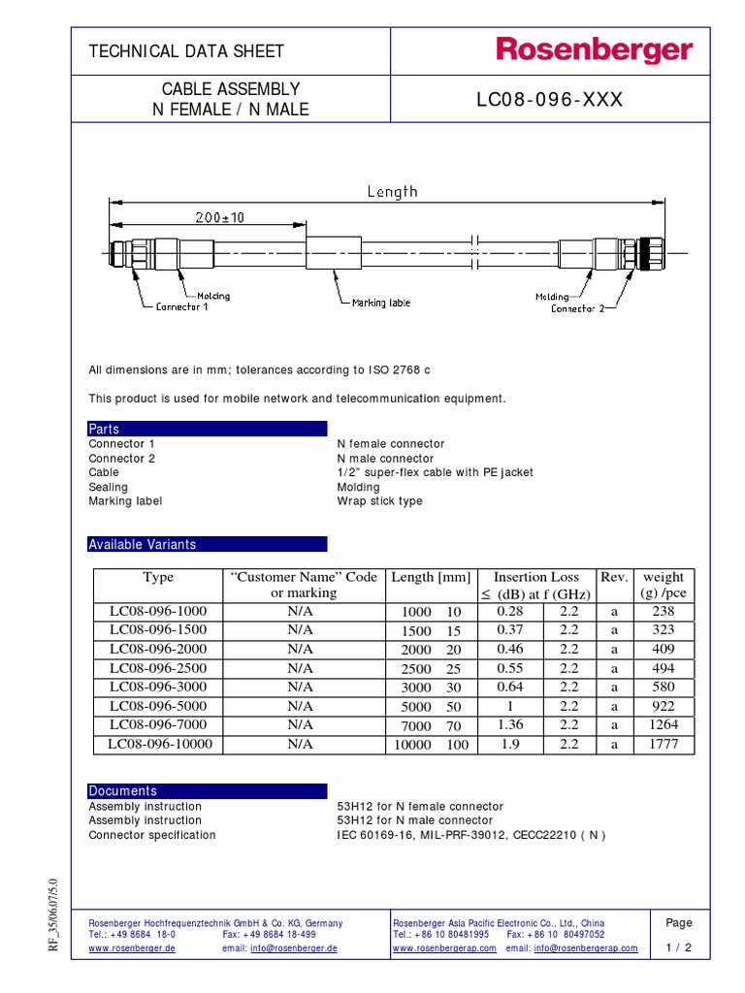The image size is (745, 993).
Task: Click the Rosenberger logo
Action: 595,50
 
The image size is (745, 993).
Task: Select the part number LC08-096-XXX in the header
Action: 549,100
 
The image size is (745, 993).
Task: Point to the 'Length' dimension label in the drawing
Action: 392,191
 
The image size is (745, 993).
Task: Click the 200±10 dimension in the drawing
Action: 219,218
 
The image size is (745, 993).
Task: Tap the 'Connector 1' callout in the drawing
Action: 181,307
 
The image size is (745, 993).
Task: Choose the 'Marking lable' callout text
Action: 380,303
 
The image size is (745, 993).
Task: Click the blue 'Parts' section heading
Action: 105,429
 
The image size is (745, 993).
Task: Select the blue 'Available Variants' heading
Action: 142,544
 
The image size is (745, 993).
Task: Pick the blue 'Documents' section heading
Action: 122,790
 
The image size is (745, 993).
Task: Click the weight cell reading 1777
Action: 664,745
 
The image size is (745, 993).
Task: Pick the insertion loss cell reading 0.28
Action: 509,612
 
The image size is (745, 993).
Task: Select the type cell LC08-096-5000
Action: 158,706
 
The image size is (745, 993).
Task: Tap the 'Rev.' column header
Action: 614,577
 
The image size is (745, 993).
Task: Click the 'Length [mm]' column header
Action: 430,577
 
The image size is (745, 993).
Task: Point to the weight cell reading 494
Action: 664,668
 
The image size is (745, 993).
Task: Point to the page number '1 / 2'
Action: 680,948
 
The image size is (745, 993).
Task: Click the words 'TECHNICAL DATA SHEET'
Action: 186,51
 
